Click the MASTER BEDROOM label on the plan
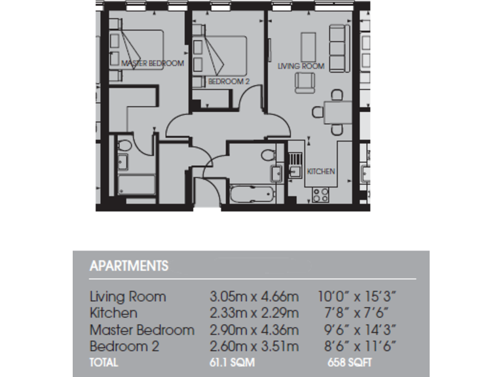[x=153, y=63]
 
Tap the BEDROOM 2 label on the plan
[x=229, y=82]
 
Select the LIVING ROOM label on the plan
[x=301, y=66]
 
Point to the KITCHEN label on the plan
[x=322, y=171]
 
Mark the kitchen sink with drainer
[x=295, y=165]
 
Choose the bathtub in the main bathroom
[x=251, y=194]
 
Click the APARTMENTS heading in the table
[x=128, y=266]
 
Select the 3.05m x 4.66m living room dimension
[x=250, y=296]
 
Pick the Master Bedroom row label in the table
[x=141, y=329]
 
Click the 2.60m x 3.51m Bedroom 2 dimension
[x=250, y=346]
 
